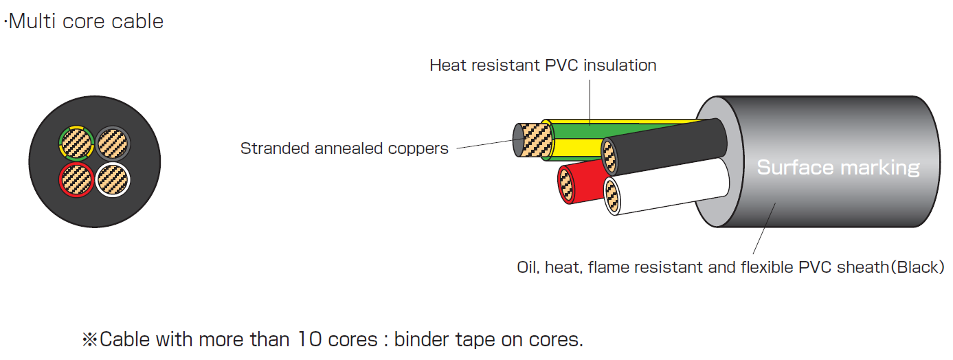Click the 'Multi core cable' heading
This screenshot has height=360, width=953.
pos(85,21)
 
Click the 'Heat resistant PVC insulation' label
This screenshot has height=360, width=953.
pos(543,65)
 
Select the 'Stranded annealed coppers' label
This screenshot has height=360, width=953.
pos(344,148)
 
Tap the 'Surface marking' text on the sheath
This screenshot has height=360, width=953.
pos(838,167)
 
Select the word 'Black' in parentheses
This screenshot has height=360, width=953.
pos(917,267)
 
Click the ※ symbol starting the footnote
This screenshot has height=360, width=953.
pos(90,339)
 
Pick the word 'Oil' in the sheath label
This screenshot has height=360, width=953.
pos(527,267)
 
